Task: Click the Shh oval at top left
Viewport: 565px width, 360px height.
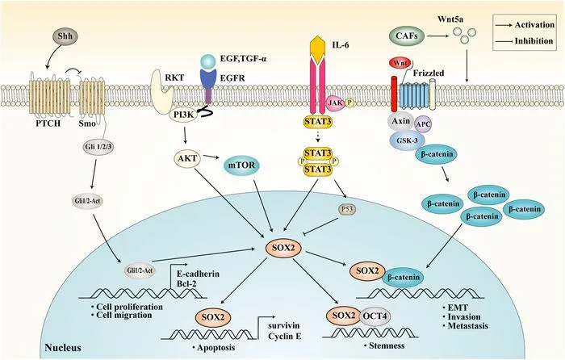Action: [65, 36]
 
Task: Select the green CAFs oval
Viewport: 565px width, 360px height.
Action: [407, 36]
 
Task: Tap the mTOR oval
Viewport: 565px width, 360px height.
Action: [241, 165]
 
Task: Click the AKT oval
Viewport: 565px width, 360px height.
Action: [187, 158]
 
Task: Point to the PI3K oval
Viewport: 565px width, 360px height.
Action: [183, 115]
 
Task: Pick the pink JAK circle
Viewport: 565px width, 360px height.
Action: [335, 103]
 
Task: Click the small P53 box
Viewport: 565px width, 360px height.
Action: [347, 209]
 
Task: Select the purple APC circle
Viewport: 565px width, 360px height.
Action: [423, 124]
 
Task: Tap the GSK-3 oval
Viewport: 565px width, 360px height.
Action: [407, 141]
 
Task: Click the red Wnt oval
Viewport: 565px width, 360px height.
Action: [400, 64]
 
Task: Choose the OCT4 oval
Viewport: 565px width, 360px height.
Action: [375, 316]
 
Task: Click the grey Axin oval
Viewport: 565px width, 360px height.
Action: [400, 121]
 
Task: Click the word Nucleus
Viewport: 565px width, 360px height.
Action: [63, 348]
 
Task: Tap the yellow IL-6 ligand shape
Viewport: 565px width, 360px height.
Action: [320, 49]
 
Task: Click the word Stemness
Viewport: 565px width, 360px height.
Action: [387, 345]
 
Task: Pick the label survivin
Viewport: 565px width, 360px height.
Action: [283, 325]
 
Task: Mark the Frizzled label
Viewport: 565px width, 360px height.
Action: [429, 73]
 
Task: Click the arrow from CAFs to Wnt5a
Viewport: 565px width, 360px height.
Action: [437, 36]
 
